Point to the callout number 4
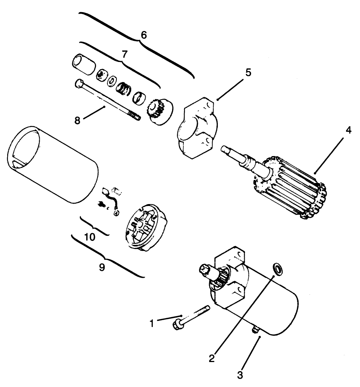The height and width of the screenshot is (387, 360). [348, 131]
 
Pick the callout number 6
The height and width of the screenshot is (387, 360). [143, 34]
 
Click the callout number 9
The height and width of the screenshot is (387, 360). [102, 267]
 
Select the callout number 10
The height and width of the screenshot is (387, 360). [90, 237]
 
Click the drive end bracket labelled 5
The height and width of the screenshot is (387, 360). [197, 128]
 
